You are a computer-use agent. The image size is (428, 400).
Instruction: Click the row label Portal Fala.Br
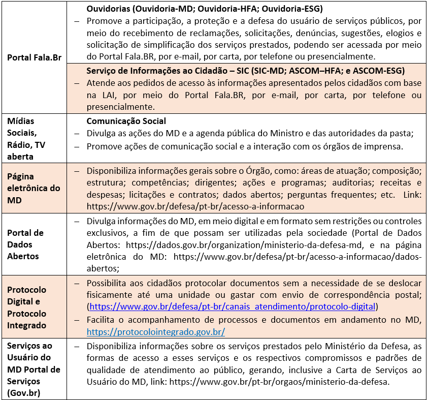click(34, 57)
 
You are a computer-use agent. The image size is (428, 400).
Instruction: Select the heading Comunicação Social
click(126, 121)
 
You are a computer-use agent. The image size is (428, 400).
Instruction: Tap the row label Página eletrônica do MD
click(34, 188)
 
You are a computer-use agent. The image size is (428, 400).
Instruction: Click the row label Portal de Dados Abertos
click(25, 244)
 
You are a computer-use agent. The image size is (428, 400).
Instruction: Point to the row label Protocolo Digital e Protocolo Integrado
click(26, 307)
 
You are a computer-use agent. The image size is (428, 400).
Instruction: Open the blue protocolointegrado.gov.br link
click(156, 332)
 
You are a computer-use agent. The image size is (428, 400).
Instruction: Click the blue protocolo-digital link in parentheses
click(232, 306)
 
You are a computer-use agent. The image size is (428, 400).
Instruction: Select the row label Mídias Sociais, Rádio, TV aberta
click(26, 139)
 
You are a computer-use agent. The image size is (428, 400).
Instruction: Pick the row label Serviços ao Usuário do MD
click(34, 370)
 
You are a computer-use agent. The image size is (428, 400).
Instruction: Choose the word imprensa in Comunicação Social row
click(383, 146)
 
